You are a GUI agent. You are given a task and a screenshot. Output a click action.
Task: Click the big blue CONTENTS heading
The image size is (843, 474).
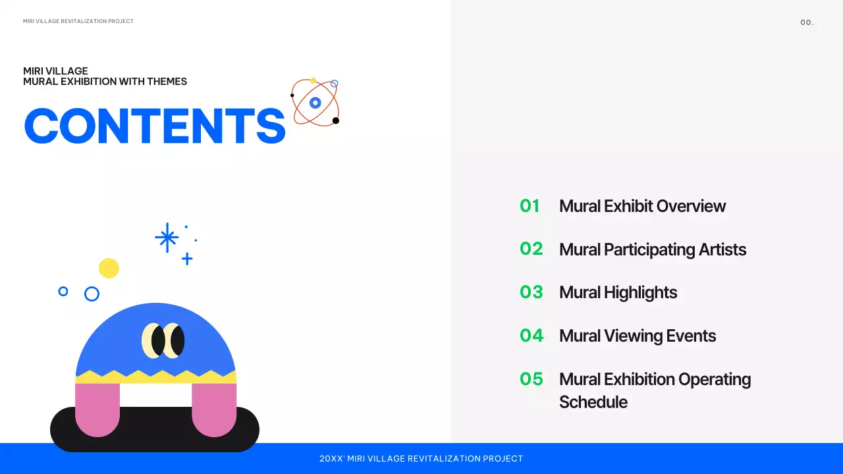[x=155, y=126]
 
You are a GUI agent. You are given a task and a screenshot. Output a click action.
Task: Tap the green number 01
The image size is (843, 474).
[x=530, y=206]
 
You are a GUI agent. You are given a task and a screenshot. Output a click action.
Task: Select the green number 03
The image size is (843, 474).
[x=531, y=292]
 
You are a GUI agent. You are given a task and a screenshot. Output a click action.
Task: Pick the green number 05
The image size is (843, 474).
[x=531, y=379]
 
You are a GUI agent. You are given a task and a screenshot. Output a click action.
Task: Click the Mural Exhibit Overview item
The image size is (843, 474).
[x=642, y=206]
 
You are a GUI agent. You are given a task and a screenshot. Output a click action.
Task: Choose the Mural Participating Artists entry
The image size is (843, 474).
[x=652, y=250]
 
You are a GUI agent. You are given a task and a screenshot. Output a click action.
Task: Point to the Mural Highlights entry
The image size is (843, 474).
[x=618, y=292]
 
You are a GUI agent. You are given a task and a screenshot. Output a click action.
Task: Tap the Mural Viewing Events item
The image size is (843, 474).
[x=637, y=336]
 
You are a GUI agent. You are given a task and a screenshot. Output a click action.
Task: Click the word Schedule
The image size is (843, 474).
[x=593, y=402]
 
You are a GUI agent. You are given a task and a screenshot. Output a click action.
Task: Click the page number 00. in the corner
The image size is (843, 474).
[x=807, y=22]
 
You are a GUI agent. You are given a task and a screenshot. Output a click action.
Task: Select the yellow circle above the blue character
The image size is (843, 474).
[x=109, y=268]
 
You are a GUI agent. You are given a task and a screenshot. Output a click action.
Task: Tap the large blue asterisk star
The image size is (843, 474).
[x=167, y=238]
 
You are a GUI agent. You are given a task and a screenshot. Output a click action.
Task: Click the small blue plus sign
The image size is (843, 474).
[x=187, y=259]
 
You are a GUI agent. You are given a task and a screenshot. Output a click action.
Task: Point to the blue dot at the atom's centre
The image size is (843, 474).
[x=315, y=103]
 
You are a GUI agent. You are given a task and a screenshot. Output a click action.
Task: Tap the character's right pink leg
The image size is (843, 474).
[x=214, y=409]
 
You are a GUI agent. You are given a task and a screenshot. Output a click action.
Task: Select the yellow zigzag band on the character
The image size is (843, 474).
[x=156, y=377]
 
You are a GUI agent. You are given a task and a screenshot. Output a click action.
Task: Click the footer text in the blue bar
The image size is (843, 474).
[x=421, y=459]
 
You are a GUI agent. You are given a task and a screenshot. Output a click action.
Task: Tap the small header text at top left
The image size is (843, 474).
[x=78, y=22]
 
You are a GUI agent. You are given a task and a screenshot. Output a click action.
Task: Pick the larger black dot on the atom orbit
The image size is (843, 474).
[x=335, y=120]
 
